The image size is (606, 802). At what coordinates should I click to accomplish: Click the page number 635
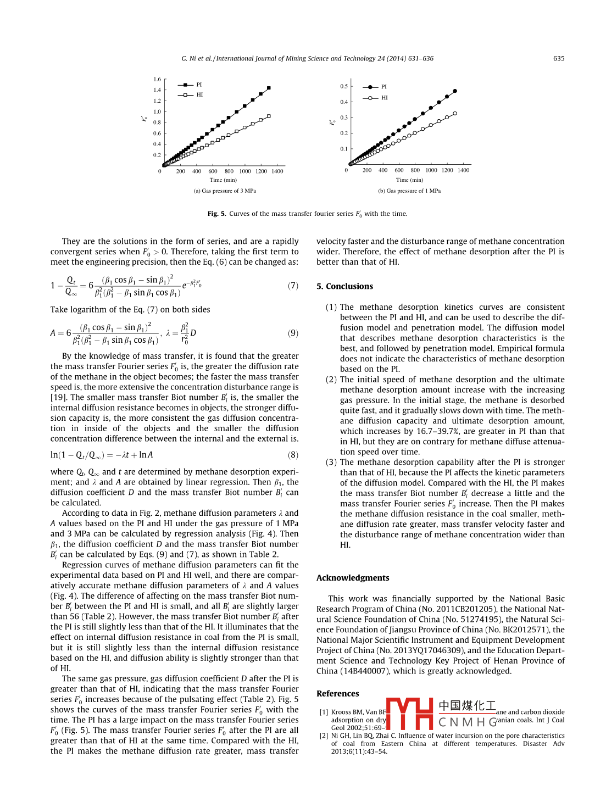click(559, 59)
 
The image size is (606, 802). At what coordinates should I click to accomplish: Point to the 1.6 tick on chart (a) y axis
click(157, 79)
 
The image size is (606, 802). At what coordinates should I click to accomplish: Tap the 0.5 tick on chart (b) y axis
click(344, 86)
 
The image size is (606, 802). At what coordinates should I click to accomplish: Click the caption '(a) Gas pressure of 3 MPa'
click(225, 191)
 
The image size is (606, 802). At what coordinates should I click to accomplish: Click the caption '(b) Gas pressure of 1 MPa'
click(409, 191)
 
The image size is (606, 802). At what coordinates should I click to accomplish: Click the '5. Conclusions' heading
click(344, 286)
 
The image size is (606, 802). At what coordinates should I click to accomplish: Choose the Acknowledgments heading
click(353, 578)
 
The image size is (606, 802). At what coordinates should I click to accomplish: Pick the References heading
click(337, 694)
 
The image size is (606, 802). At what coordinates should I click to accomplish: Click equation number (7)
click(293, 286)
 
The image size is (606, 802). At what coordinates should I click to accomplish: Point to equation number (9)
click(293, 333)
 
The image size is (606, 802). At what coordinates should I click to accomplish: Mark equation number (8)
click(293, 455)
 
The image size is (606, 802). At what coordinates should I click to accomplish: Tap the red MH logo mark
click(410, 714)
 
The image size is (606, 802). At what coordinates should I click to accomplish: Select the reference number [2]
click(324, 736)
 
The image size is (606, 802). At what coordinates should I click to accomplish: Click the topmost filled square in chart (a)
click(269, 88)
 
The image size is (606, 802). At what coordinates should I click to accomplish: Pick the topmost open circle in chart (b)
click(455, 113)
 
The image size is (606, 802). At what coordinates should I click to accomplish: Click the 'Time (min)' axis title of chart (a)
click(223, 180)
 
